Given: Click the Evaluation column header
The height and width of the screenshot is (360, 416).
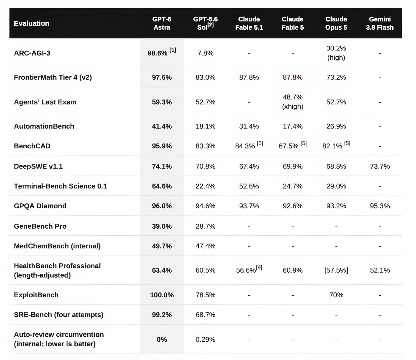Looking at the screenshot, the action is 32,23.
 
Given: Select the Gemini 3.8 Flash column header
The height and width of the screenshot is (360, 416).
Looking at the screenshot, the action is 380,23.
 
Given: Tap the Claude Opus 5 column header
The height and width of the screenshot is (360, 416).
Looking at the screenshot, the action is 336,23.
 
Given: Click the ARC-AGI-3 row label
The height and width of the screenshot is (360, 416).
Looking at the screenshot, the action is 32,53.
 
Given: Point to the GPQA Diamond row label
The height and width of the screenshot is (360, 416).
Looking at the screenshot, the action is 40,206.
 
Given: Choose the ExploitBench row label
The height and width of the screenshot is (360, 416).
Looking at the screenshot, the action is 36,295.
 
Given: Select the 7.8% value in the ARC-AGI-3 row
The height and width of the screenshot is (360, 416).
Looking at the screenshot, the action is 205,53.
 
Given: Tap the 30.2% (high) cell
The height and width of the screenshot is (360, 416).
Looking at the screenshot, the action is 336,53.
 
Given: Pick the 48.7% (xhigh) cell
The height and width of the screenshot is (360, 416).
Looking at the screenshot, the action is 292,102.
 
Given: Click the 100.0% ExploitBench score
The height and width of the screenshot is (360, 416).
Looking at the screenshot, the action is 162,295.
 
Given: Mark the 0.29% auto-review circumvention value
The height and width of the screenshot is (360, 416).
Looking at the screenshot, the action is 205,339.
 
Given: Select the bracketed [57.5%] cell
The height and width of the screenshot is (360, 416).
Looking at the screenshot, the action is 336,270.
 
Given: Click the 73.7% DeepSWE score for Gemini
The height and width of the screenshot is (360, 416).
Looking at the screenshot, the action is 380,166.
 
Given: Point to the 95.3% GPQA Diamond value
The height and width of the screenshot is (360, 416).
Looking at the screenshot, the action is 380,206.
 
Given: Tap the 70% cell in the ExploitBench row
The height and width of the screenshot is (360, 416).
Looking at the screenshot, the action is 336,295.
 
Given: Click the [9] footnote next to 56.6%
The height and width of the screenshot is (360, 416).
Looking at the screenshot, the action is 259,268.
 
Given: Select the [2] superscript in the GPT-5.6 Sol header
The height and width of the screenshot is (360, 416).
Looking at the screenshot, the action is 210,25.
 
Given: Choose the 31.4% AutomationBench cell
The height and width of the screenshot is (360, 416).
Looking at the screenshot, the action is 249,126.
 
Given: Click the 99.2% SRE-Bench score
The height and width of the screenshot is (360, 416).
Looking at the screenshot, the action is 162,315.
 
